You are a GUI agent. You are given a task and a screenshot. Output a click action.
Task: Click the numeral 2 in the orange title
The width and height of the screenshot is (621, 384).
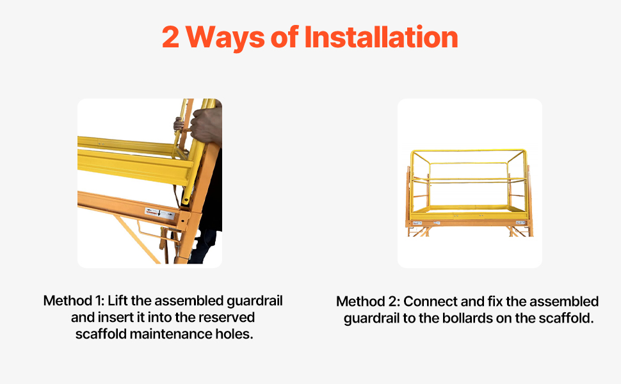[170, 37]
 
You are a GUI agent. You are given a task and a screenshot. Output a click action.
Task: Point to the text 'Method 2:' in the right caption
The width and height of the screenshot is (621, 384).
[367, 301]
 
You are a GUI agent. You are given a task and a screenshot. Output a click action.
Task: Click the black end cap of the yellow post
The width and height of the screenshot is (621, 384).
[186, 201]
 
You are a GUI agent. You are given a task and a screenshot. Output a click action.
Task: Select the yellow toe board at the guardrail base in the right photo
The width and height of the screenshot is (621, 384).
[468, 211]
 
